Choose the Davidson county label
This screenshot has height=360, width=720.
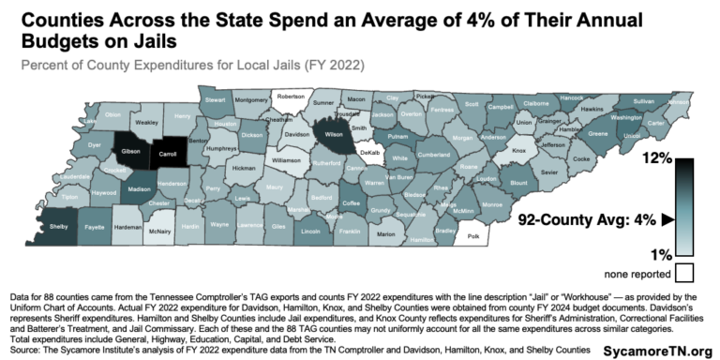(296, 134)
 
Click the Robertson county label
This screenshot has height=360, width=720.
(291, 97)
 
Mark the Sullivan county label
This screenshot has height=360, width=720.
(643, 100)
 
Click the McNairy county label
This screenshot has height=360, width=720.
(160, 230)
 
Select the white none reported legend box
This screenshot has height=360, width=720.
(683, 274)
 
